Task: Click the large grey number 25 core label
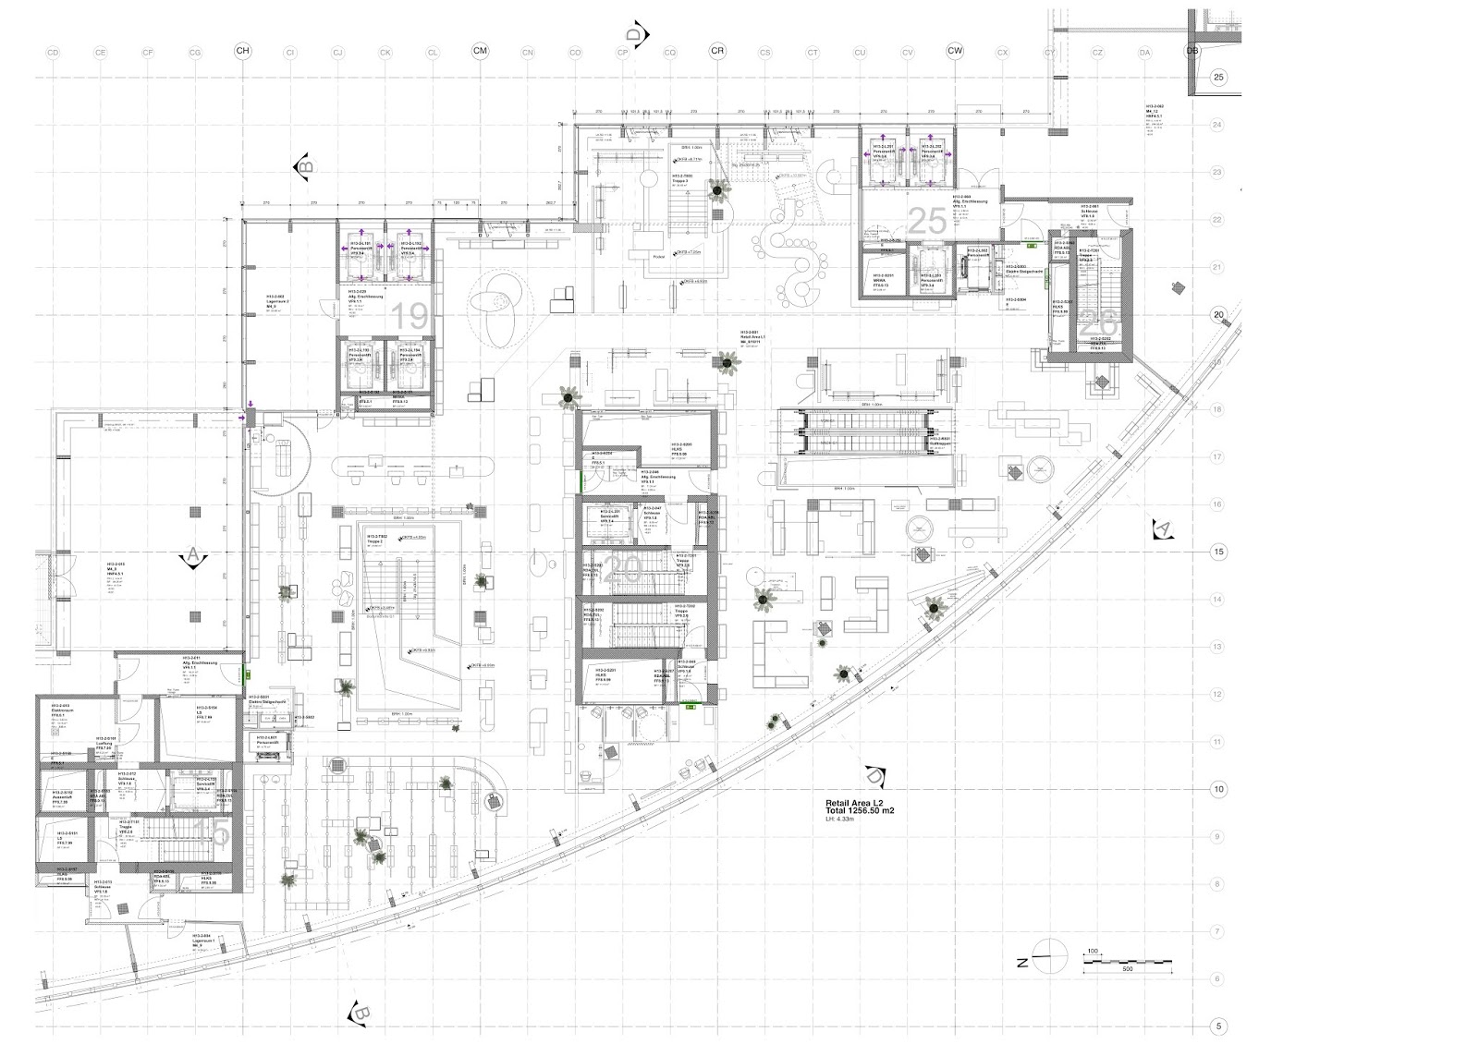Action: [x=927, y=222]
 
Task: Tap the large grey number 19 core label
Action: [x=410, y=318]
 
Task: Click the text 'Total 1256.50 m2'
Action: [x=860, y=811]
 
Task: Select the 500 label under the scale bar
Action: [x=1127, y=970]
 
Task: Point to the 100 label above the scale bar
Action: [x=1093, y=951]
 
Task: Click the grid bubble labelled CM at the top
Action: [x=480, y=52]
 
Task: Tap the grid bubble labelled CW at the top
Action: [x=955, y=52]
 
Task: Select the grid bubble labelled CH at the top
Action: [x=242, y=52]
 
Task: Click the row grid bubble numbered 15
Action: [x=1218, y=552]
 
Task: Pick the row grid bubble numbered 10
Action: [x=1218, y=789]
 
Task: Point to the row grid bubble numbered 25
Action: [x=1218, y=77]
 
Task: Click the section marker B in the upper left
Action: [x=303, y=166]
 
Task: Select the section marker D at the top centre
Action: [x=637, y=34]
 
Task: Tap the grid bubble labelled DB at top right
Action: [x=1192, y=52]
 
